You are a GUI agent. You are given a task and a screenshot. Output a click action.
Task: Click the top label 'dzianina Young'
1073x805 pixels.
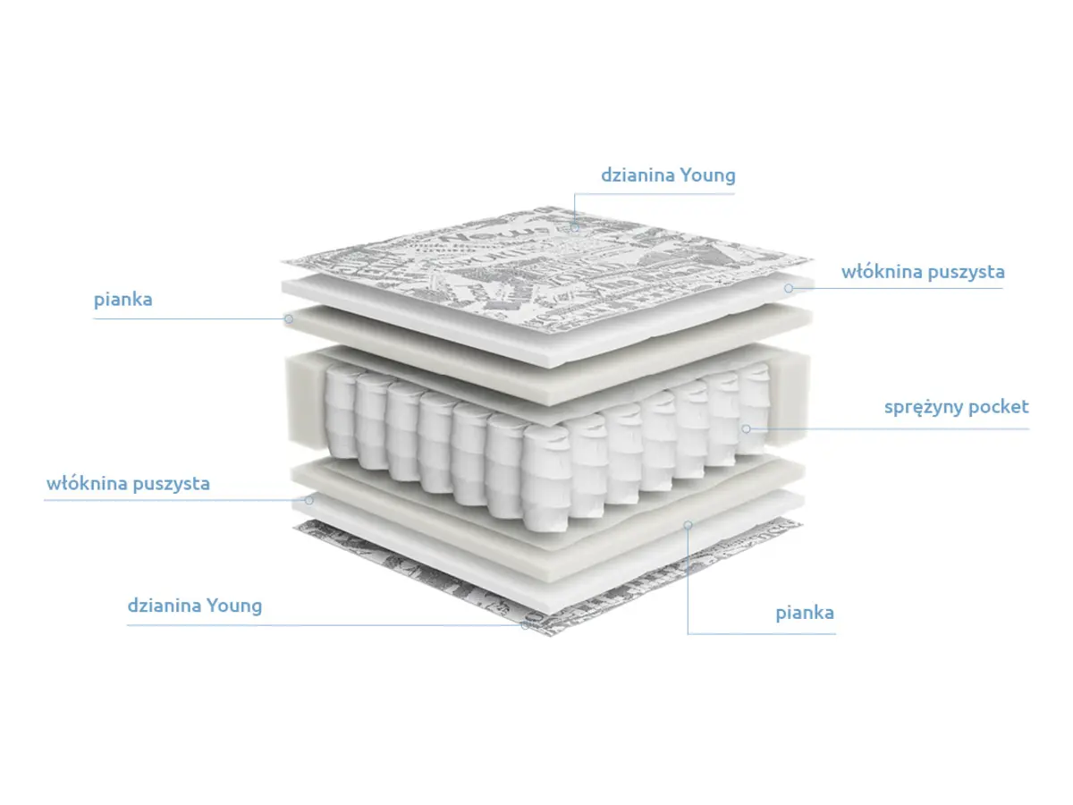tap(668, 176)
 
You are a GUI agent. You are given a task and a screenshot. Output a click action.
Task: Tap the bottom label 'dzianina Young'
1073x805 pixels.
tap(195, 606)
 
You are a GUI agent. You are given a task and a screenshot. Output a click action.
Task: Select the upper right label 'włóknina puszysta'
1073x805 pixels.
tap(923, 272)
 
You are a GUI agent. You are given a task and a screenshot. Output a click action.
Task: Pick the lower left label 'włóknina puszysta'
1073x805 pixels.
tap(128, 484)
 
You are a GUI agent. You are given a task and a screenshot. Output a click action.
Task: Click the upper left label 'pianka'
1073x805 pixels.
tap(123, 300)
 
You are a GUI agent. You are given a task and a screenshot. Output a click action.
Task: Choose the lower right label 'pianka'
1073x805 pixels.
tap(805, 613)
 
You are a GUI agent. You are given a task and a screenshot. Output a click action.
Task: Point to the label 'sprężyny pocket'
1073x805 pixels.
tap(956, 407)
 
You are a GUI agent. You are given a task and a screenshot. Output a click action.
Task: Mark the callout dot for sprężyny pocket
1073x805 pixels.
tap(746, 428)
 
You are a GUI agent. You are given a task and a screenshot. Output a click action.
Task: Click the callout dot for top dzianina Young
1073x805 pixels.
tap(574, 227)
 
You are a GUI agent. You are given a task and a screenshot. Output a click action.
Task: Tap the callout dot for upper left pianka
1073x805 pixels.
tap(289, 318)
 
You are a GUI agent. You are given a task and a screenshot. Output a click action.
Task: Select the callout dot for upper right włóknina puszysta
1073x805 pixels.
tap(789, 288)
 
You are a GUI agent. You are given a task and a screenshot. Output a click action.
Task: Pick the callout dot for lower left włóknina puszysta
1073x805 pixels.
tap(309, 500)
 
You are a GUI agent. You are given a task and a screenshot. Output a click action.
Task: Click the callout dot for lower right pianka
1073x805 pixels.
tap(688, 525)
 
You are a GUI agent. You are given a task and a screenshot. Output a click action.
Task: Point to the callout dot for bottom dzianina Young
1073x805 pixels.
tap(525, 625)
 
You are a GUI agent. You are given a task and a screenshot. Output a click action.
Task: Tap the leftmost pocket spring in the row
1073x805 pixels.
tap(341, 413)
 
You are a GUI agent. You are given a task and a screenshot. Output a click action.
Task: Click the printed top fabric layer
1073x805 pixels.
tap(547, 269)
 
